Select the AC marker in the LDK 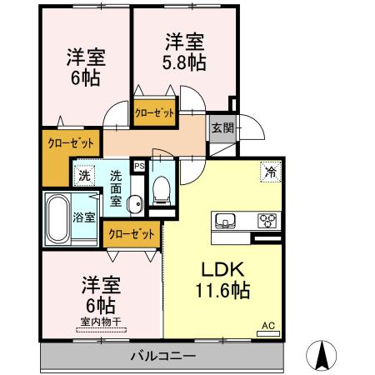tap(268, 326)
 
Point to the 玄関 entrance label tap(222, 128)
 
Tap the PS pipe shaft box tap(138, 165)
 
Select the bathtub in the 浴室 tap(57, 219)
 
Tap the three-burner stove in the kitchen tap(268, 221)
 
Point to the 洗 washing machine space tap(83, 175)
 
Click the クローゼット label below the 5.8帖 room tap(155, 113)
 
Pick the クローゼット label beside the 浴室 tap(131, 234)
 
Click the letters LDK tap(216, 271)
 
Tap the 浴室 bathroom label tap(84, 218)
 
